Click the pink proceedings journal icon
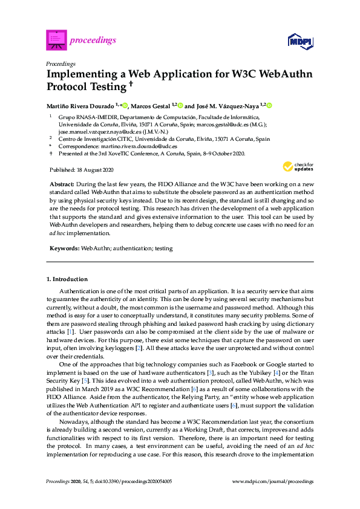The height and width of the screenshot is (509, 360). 56,41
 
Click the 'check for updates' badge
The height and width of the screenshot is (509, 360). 298,167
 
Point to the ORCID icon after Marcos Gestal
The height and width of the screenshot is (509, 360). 180,105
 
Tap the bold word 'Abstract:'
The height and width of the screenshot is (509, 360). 62,183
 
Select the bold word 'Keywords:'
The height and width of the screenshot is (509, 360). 63,232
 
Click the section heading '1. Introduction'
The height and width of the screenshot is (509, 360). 67,279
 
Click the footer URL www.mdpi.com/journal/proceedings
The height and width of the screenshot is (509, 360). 273,481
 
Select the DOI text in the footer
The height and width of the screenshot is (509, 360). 138,481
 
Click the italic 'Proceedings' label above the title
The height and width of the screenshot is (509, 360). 61,63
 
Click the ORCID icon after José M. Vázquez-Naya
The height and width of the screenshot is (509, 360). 269,105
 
